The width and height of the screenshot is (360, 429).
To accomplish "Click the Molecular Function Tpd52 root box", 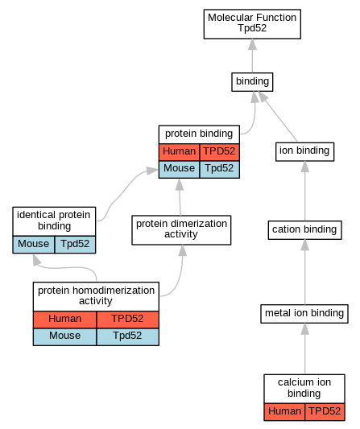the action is pos(252,24).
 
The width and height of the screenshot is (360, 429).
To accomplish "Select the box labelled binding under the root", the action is pos(252,82).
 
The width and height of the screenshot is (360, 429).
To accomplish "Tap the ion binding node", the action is pos(304,151).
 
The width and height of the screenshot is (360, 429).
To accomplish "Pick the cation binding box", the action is pos(304,230).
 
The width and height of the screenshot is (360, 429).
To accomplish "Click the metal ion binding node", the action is pos(304,314).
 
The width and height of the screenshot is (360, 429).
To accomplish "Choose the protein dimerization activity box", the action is pos(181,230).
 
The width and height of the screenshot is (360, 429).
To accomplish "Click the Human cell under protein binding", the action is pos(180,152).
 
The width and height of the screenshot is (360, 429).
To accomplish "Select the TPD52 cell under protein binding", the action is pos(220,152).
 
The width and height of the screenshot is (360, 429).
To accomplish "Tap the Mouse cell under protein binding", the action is pos(180,169).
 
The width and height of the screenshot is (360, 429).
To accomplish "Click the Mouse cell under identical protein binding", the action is pos(33,245).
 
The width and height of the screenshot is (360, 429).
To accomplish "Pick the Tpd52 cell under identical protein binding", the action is pos(75,245).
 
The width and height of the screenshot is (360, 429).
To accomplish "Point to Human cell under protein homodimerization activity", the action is pos(65,320).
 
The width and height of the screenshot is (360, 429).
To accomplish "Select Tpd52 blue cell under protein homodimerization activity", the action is pos(127,336).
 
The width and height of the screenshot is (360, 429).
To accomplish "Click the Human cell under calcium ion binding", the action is pos(284,412).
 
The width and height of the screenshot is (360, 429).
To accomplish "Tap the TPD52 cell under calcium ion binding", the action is pos(325,412).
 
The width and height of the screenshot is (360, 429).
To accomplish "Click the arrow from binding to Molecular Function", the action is pos(252,56).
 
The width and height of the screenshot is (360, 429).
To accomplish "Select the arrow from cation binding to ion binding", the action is pos(305,191).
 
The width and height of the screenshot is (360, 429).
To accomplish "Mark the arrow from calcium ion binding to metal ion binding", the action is pos(305,349).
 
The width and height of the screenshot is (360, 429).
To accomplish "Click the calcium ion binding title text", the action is pos(304,388).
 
